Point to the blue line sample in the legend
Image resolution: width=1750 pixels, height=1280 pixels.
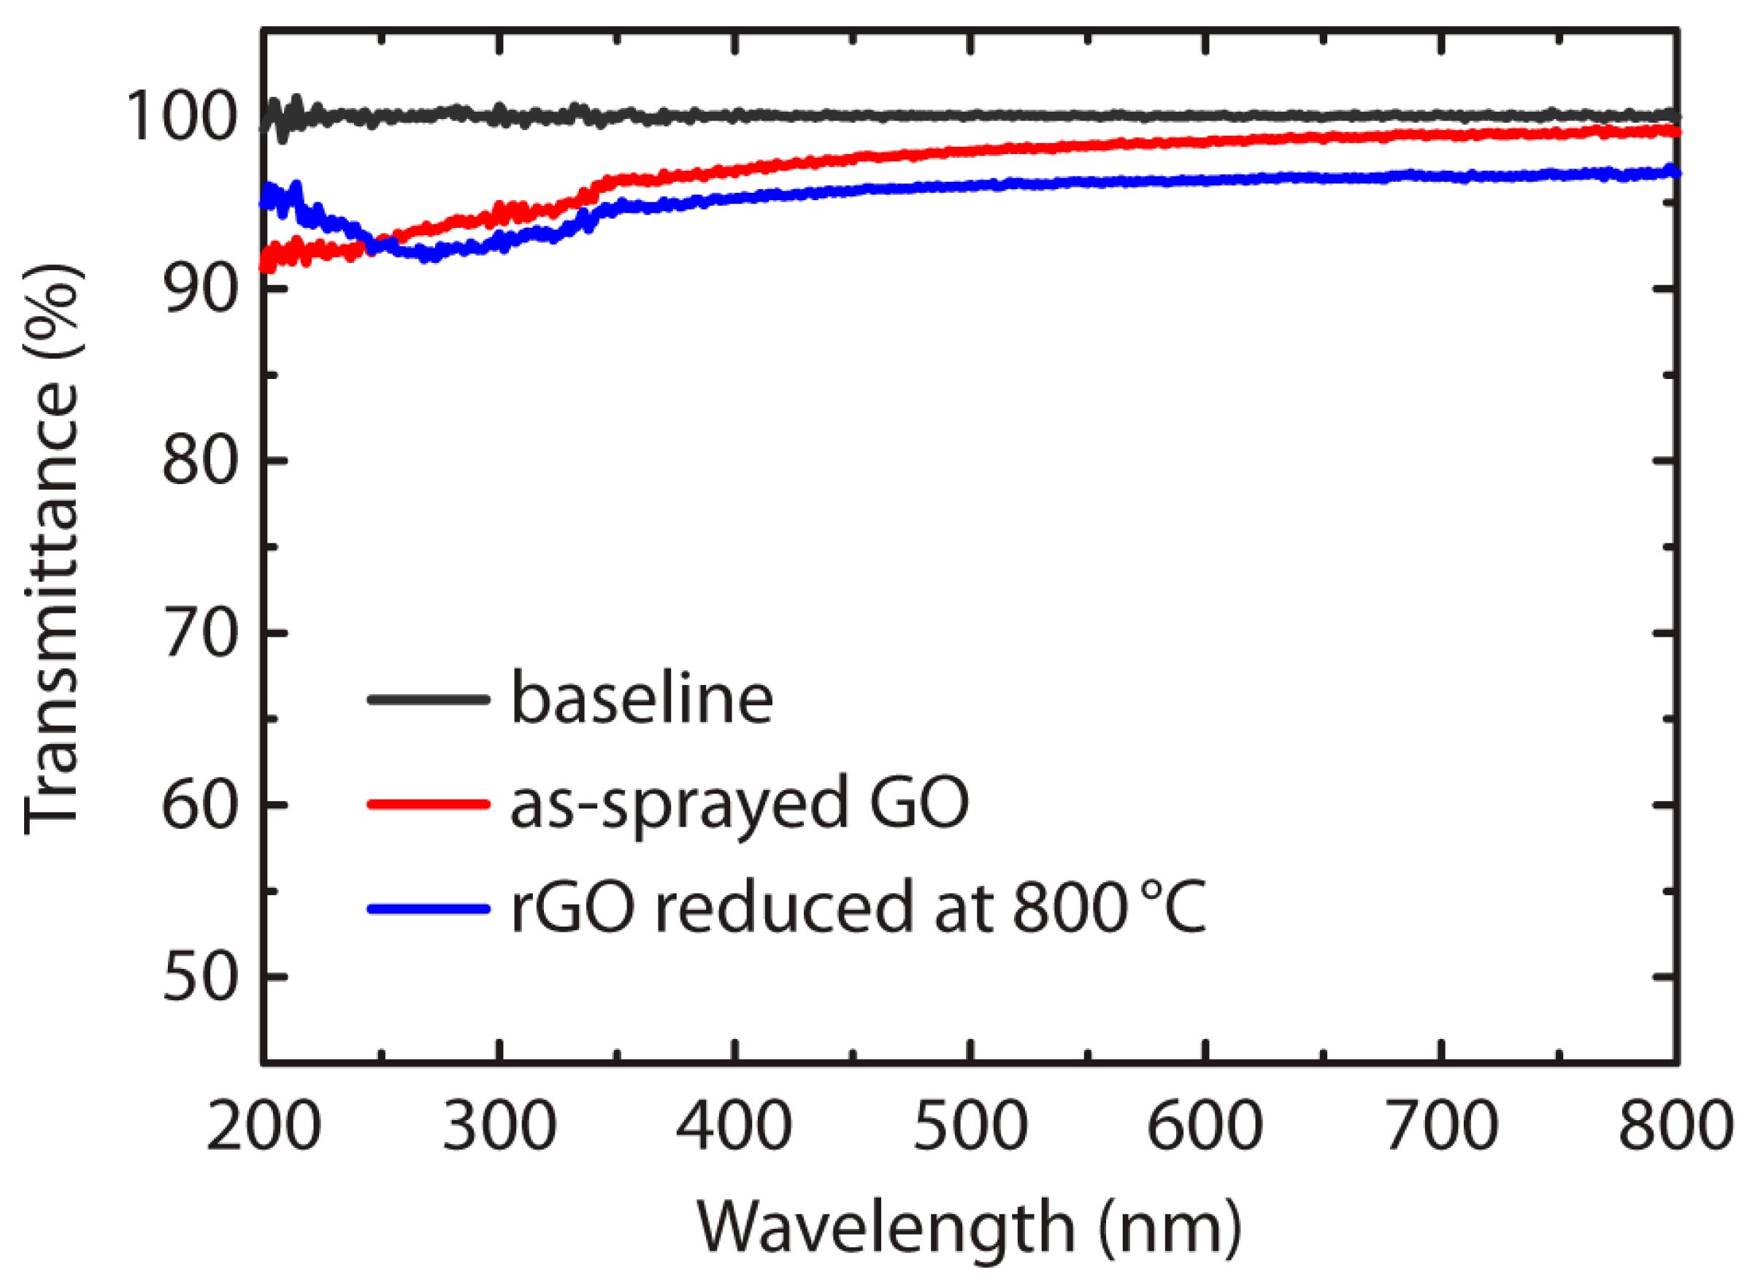tap(429, 908)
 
